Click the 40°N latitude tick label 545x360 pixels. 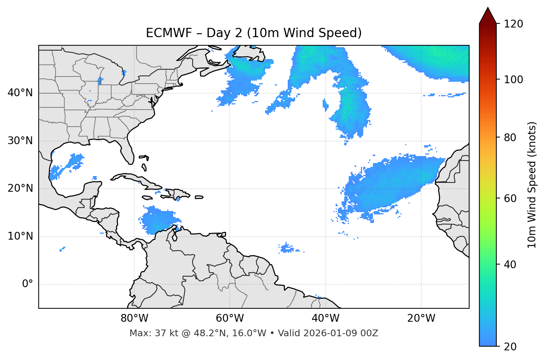tap(20, 93)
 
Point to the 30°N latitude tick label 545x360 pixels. tap(20, 141)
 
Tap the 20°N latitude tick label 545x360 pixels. tap(20, 189)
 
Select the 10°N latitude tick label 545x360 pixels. tap(20, 236)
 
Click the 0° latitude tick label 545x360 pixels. tap(27, 284)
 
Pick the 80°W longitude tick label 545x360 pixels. tap(134, 318)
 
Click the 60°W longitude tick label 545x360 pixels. tap(230, 318)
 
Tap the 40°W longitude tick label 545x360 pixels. tap(325, 318)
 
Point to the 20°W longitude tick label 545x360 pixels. tap(421, 318)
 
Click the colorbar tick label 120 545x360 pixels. tap(513, 24)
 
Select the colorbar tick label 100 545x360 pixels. tap(513, 80)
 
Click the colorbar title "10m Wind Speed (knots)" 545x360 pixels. tap(532, 185)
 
